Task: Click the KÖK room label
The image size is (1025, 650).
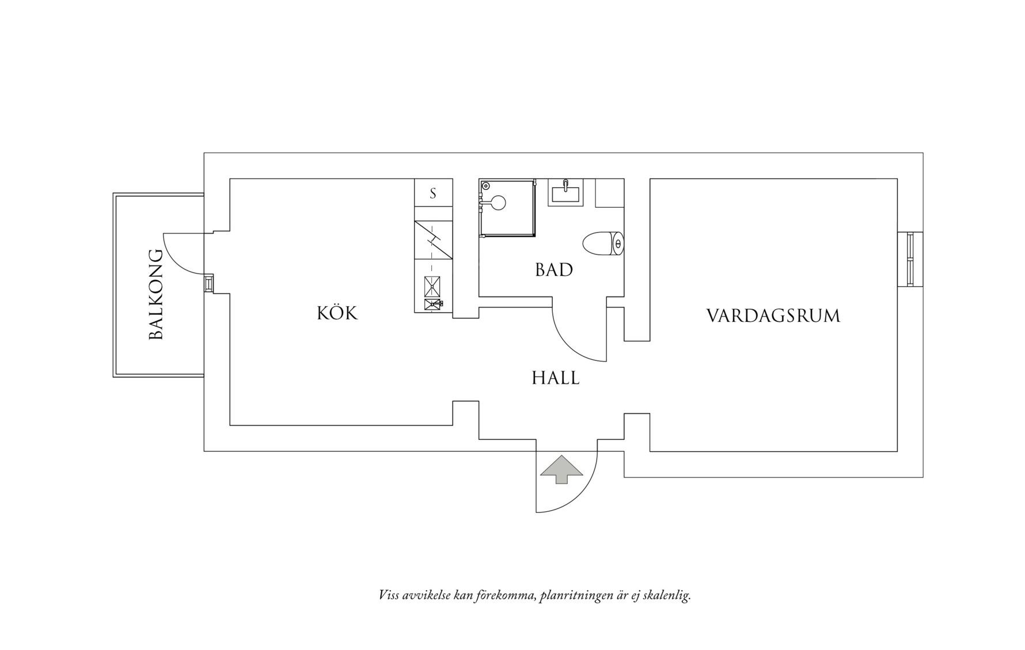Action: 337,313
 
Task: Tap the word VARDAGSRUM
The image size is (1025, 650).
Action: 773,316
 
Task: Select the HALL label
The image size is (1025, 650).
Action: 555,378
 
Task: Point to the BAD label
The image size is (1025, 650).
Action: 553,269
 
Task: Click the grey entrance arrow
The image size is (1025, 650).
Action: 561,469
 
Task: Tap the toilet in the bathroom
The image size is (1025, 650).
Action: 602,244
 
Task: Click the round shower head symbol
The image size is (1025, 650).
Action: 498,202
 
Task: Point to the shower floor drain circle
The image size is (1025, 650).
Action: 485,186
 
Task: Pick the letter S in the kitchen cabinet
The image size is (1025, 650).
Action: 433,194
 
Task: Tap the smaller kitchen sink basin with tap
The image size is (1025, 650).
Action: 433,304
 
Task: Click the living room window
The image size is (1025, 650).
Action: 910,259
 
